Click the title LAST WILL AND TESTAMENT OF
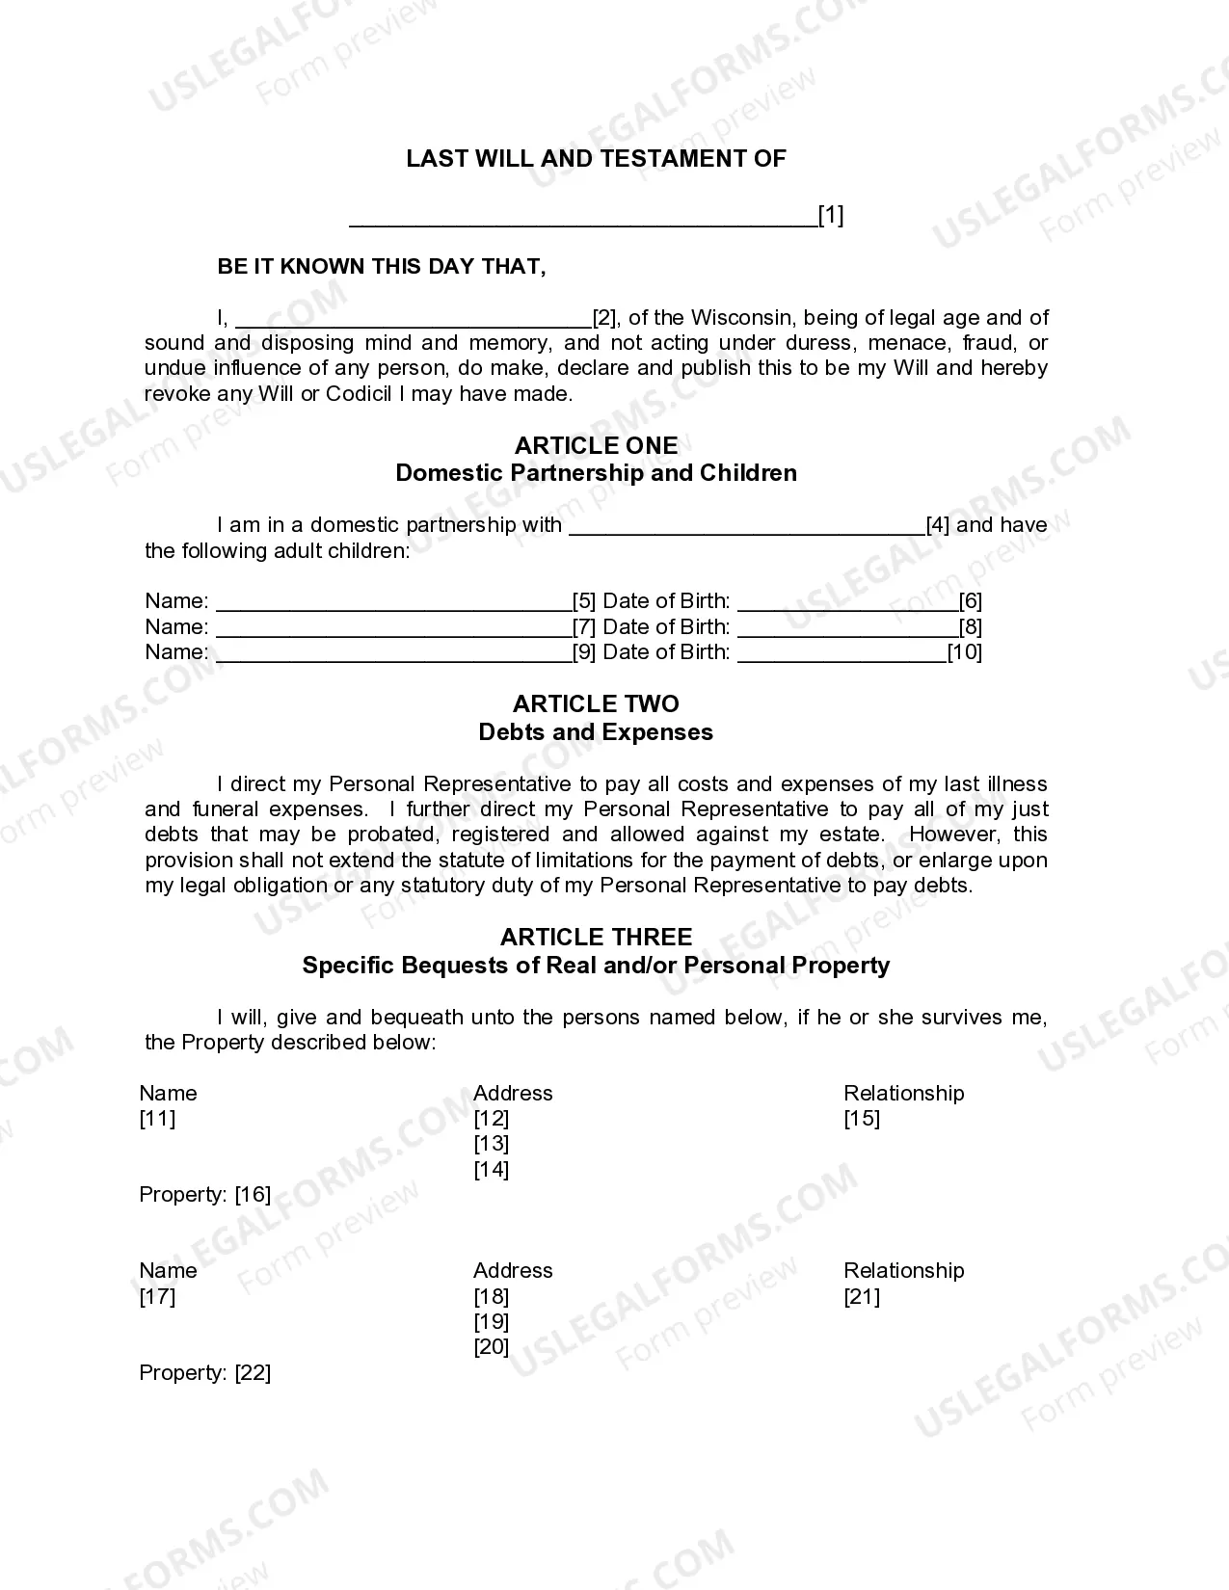[x=596, y=159]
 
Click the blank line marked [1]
[x=582, y=218]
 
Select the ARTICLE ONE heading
[x=596, y=445]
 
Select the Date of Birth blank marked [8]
[x=847, y=628]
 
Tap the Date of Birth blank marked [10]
[x=842, y=653]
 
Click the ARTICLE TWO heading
[x=596, y=704]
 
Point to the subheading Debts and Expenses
[x=596, y=732]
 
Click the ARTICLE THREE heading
[x=596, y=938]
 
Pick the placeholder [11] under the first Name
[x=157, y=1119]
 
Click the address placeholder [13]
[x=491, y=1144]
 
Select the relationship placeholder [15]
[x=862, y=1119]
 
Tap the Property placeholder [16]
[x=253, y=1195]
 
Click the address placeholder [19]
[x=491, y=1322]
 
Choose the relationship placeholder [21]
[x=862, y=1297]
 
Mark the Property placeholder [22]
[x=253, y=1373]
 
